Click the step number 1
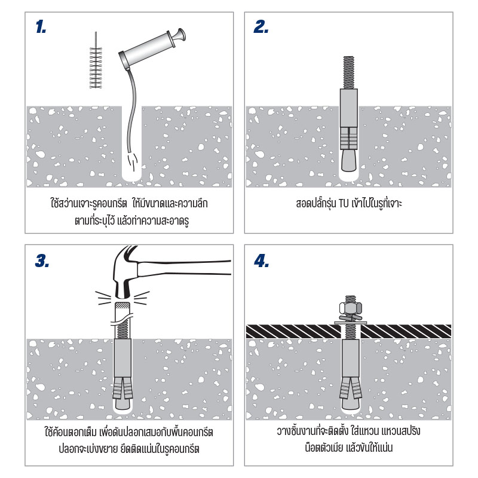click(41, 27)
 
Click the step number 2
click(261, 27)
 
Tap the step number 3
click(42, 261)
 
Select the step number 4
click(261, 261)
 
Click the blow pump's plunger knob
click(180, 35)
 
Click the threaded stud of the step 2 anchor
click(349, 72)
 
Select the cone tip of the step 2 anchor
click(349, 160)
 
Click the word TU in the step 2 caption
click(344, 203)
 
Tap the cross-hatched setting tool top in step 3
click(122, 306)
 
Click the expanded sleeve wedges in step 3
click(123, 388)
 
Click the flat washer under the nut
click(351, 323)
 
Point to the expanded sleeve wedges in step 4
click(351, 387)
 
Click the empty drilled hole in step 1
click(131, 143)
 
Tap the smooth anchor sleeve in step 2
click(349, 108)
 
